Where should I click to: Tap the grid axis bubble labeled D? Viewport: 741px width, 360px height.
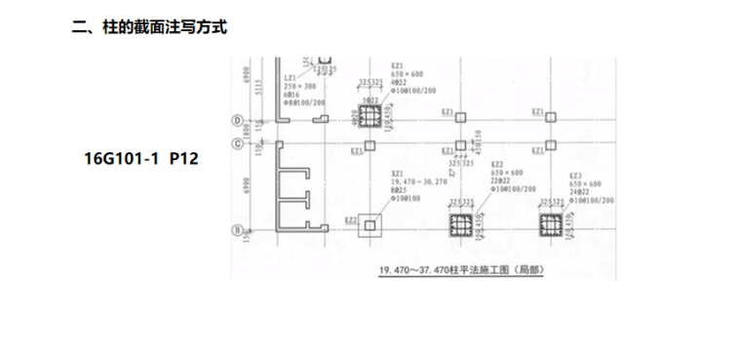[237, 121]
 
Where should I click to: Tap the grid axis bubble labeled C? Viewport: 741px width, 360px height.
[237, 144]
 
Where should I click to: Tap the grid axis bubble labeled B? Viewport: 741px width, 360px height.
[237, 230]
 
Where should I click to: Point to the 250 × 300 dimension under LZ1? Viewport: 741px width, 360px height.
[294, 86]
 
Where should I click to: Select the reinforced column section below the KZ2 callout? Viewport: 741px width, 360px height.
[460, 227]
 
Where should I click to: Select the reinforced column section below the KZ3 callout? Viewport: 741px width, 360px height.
[549, 226]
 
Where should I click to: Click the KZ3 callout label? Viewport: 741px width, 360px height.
[576, 176]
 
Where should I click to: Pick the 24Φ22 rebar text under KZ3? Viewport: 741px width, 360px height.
[580, 191]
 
